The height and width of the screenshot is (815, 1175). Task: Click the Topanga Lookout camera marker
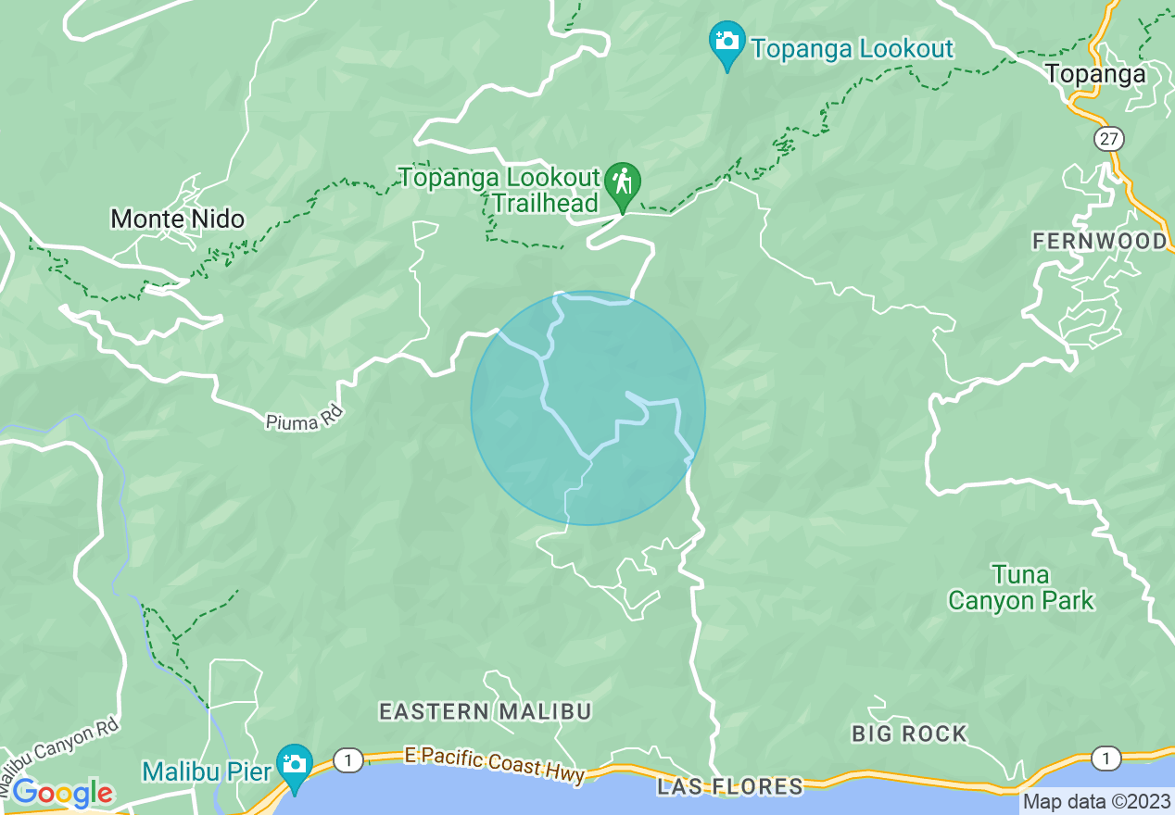tap(727, 43)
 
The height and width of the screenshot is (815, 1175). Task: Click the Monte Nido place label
tap(178, 219)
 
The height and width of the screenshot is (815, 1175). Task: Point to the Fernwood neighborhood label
tap(1100, 242)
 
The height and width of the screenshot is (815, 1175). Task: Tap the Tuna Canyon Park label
tap(1020, 588)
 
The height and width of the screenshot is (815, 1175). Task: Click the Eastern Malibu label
tap(485, 711)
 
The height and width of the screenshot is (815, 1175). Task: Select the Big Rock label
tap(909, 733)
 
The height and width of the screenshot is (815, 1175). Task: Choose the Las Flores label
tap(729, 787)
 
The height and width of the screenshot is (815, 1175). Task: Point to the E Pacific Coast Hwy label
tap(495, 766)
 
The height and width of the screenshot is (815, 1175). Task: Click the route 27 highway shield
tap(1108, 139)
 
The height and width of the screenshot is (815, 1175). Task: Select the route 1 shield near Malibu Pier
tap(348, 760)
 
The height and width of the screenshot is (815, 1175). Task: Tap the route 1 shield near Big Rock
tap(1106, 758)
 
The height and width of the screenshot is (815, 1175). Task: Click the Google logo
tap(61, 794)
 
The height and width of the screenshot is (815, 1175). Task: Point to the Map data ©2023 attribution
tap(1096, 802)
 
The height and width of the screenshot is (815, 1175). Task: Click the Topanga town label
tap(1096, 73)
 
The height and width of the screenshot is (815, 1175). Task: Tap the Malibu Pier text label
tap(208, 771)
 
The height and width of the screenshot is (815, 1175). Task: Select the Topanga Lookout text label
tap(852, 48)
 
